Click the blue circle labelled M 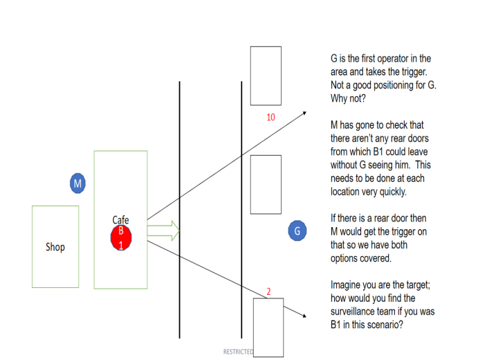click(78, 183)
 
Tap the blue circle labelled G click(297, 231)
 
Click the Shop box click(55, 246)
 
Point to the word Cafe click(120, 220)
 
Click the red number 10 click(270, 117)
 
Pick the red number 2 click(268, 291)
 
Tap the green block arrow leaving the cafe click(163, 230)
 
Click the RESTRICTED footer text click(238, 352)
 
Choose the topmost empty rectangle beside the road click(266, 75)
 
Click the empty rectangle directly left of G click(266, 184)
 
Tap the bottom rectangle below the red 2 click(268, 327)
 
